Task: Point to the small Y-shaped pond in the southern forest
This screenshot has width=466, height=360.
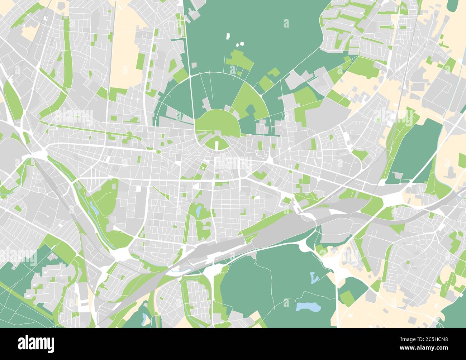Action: [314, 277]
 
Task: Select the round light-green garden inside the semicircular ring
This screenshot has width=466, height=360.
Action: [217, 124]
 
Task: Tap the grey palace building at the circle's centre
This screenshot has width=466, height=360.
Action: [217, 134]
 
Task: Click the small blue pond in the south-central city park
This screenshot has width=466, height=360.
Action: [198, 211]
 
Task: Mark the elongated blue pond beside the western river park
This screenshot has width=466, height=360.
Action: [94, 208]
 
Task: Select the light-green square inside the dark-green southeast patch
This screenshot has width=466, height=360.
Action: [346, 297]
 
